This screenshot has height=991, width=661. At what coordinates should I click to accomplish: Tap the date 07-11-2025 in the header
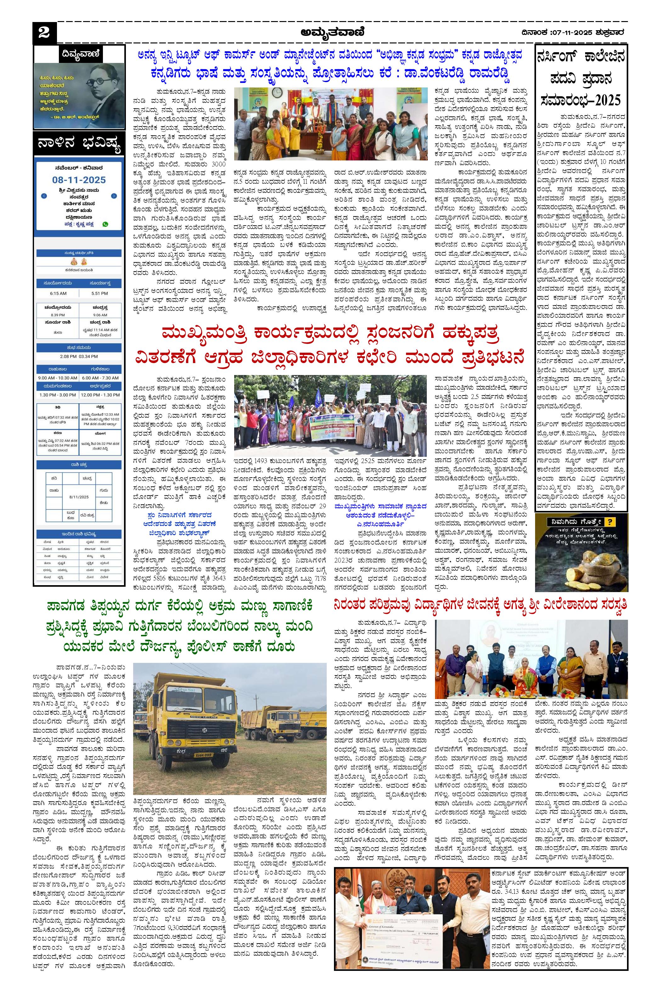571,32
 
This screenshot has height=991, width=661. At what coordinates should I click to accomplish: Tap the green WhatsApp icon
105,224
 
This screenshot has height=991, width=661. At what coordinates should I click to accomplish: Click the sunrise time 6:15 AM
58,293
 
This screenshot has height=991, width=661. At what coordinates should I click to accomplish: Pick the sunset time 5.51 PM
99,293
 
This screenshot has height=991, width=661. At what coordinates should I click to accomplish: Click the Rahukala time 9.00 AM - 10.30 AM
57,378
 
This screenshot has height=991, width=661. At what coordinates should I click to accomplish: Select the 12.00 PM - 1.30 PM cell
100,395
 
